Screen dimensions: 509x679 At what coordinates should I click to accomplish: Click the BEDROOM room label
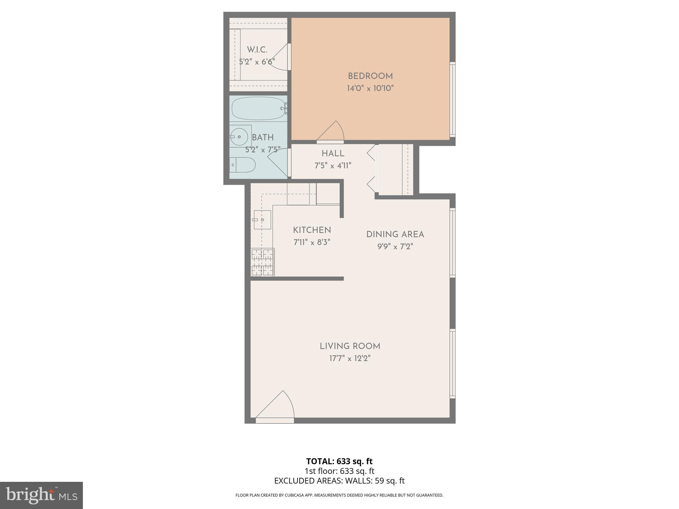370,76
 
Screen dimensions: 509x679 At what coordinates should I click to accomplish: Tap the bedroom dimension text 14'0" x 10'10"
370,88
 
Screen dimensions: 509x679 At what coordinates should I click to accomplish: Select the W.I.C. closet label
257,50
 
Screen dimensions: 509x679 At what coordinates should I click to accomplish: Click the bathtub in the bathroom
258,108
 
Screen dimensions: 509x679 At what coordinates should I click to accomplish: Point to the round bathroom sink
239,137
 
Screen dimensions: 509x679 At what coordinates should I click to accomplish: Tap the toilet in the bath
243,165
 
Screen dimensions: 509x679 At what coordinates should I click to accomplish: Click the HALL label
333,153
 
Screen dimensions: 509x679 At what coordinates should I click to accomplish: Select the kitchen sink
262,220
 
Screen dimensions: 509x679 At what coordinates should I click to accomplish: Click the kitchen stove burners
262,262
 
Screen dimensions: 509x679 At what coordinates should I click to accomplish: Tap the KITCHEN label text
312,230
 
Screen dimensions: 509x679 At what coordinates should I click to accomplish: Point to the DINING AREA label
395,235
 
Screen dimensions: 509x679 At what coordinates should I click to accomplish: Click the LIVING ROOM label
350,346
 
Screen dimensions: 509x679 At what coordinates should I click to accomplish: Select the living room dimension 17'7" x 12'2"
350,358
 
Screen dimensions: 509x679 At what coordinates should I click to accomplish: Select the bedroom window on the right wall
452,99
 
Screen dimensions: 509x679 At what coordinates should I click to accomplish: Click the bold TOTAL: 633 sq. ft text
339,461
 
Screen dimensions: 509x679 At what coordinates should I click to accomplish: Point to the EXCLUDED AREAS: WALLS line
339,481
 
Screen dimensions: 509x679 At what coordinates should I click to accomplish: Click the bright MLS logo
41,495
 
